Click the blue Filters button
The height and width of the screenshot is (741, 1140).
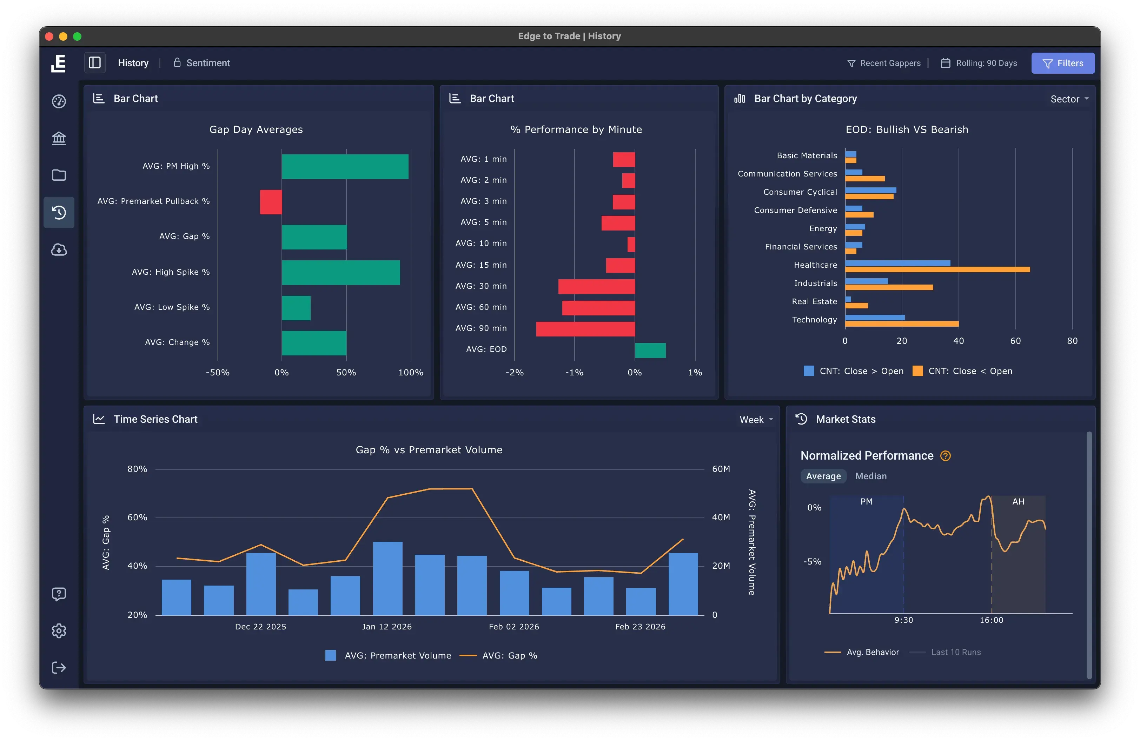tap(1062, 63)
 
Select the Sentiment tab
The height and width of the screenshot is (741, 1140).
tap(207, 63)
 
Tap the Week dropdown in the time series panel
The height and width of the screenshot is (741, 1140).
tap(756, 420)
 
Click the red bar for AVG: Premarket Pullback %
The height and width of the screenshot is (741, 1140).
tap(271, 202)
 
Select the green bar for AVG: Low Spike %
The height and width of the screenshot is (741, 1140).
tap(296, 308)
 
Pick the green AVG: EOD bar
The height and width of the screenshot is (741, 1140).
tap(650, 351)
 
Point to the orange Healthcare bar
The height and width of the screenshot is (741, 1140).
tap(937, 270)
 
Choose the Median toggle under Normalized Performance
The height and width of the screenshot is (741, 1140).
tap(870, 476)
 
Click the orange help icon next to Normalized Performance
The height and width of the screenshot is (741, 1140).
tap(945, 456)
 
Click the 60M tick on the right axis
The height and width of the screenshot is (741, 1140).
tap(721, 469)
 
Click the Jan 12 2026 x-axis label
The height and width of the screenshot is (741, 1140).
tap(386, 627)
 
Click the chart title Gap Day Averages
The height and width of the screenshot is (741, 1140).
tap(256, 130)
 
